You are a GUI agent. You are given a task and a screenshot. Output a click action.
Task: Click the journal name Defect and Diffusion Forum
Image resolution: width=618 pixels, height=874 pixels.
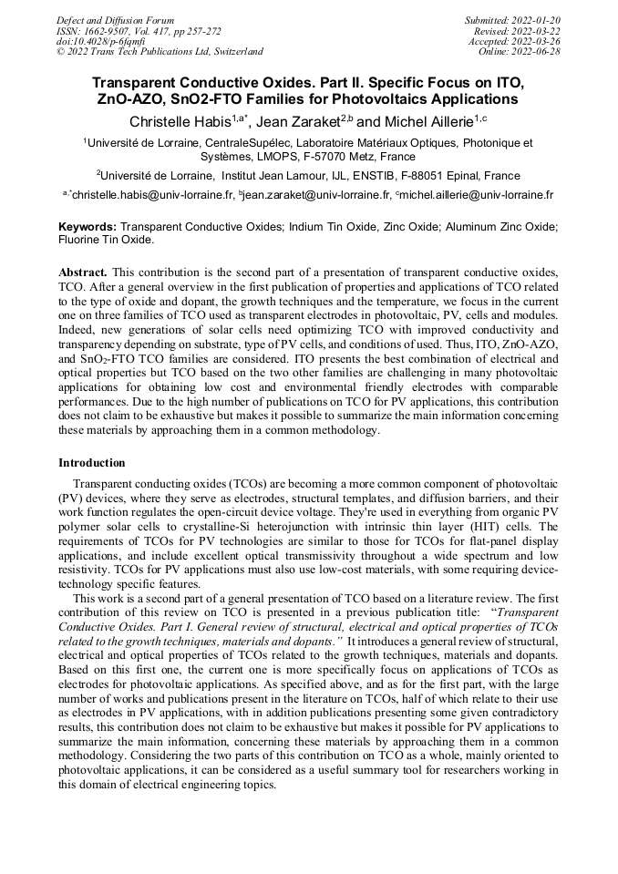point(115,20)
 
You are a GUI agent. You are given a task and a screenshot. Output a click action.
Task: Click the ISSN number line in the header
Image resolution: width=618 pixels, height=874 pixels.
point(138,31)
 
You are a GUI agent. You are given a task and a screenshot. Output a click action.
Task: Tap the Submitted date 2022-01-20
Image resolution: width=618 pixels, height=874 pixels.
point(515,20)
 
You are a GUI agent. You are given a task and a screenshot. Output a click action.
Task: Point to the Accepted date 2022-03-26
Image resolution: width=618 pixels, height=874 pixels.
point(515,41)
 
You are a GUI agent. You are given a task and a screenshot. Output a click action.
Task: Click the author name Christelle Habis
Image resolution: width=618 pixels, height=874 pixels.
point(179,121)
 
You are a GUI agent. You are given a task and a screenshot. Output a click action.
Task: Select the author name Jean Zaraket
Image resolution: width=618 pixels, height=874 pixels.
point(300,121)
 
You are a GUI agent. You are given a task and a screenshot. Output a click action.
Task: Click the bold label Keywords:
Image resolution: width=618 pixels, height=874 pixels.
point(88,226)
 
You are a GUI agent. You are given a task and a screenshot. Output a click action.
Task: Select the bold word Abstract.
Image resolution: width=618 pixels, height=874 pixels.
point(83,272)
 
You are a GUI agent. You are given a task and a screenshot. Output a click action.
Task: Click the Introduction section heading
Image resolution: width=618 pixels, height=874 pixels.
point(92,463)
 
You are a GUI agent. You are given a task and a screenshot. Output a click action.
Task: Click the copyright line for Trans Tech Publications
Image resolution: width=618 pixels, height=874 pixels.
point(160,52)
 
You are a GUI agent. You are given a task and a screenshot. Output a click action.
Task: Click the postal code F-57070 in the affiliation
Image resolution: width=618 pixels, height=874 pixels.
point(323,157)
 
